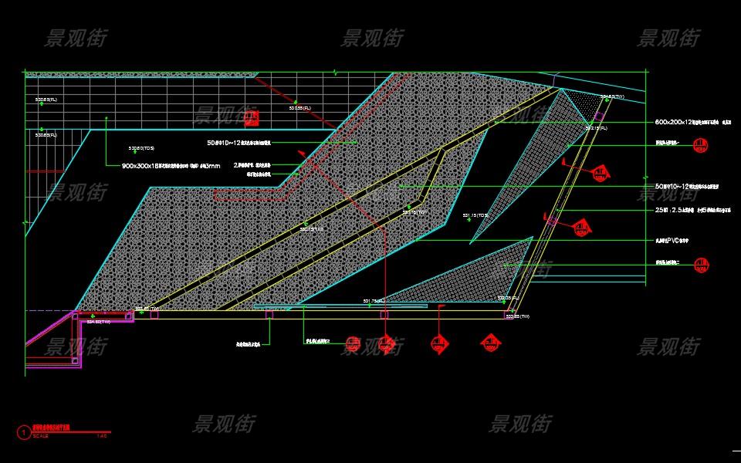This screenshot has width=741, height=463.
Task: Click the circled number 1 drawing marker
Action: click(23, 432)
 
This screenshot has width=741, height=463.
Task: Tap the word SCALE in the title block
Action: click(41, 437)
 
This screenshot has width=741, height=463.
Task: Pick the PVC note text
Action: click(672, 241)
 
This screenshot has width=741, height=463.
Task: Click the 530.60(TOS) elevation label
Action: click(141, 148)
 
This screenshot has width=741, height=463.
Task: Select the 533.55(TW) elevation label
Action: click(517, 316)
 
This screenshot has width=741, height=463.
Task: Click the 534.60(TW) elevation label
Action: click(98, 322)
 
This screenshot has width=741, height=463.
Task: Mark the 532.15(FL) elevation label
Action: click(596, 128)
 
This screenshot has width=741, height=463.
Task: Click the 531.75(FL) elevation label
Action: click(374, 301)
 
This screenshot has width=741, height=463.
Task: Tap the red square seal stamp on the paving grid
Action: click(252, 119)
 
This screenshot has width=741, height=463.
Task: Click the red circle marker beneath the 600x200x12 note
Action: click(700, 144)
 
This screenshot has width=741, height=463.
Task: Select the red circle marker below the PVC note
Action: click(701, 265)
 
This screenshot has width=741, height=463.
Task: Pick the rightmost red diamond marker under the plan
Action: click(489, 343)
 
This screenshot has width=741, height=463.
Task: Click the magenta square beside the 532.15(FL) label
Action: click(599, 117)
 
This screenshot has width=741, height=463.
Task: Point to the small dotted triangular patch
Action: click(590, 103)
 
